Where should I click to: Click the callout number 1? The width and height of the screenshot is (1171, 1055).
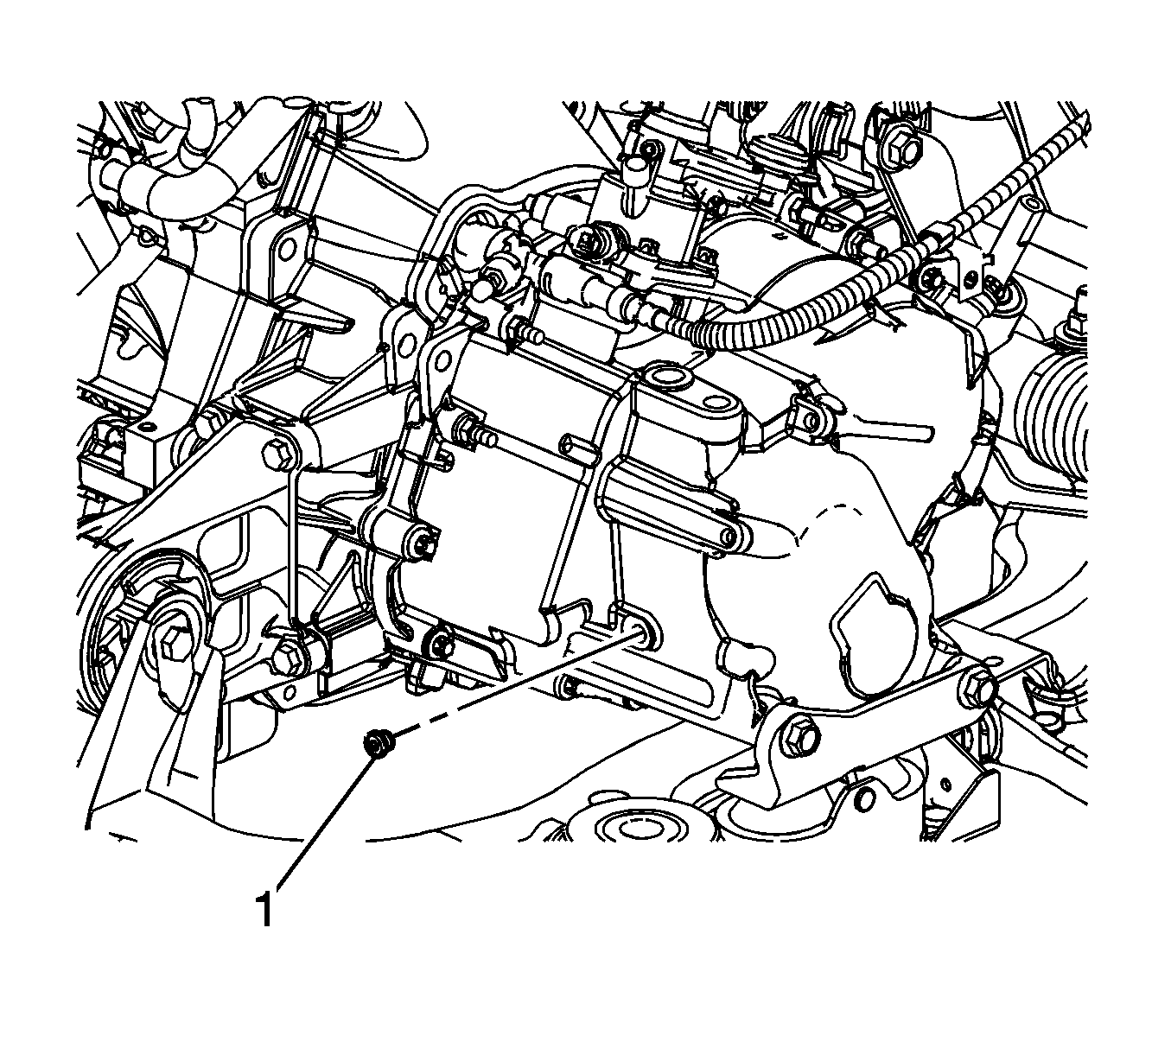click(x=265, y=909)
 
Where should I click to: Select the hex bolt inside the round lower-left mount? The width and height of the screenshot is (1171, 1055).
click(x=173, y=648)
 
